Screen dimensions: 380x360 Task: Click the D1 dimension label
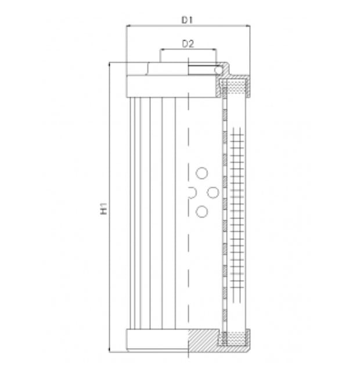pos(186,19)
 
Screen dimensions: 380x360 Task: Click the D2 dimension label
pos(187,43)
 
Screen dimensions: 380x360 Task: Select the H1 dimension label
pos(102,208)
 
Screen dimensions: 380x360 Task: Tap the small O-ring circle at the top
pos(219,70)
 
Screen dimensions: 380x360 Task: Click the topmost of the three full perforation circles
pos(201,173)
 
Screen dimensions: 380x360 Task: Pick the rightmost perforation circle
pos(213,192)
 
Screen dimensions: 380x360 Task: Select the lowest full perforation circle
pos(201,211)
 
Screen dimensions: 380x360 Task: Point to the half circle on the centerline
pos(192,192)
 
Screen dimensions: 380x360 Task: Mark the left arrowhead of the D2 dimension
pos(162,50)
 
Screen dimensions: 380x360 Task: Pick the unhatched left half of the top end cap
pos(157,86)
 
